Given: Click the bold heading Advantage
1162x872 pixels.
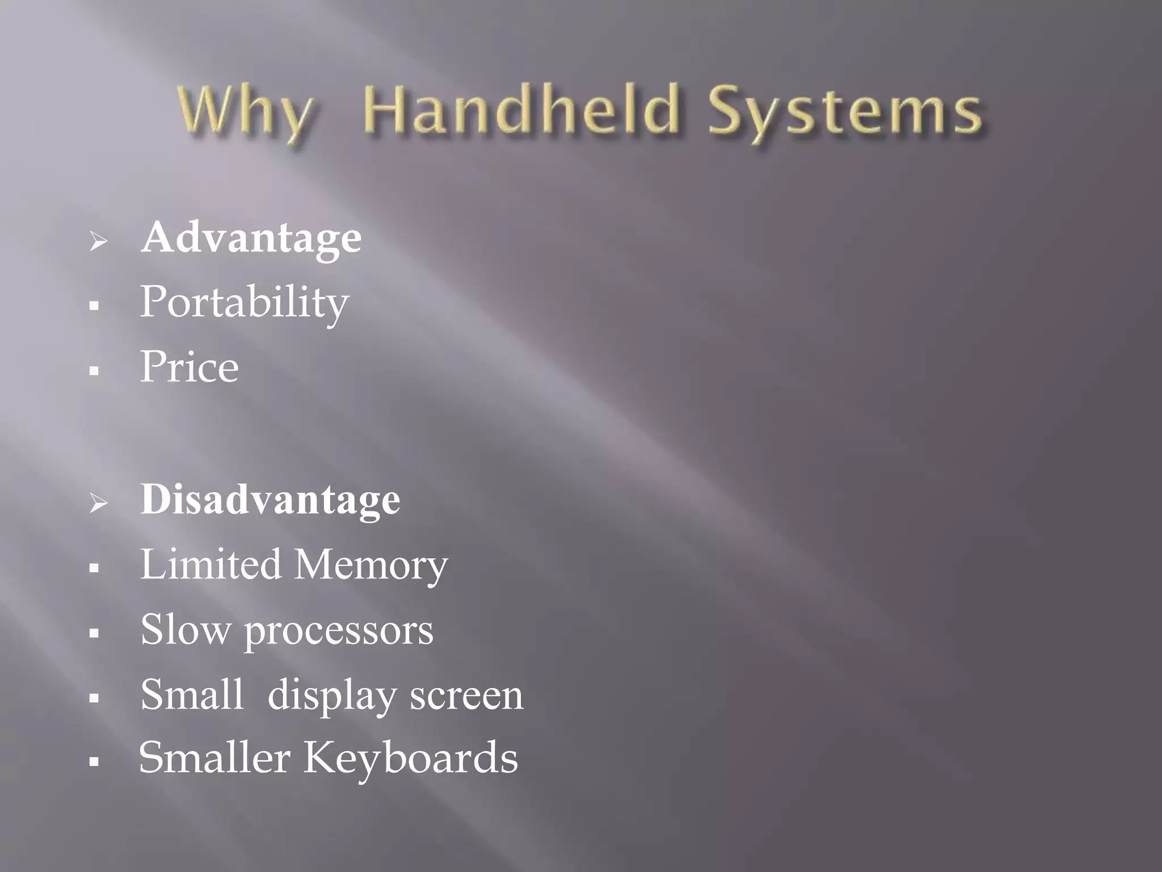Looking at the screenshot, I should [251, 238].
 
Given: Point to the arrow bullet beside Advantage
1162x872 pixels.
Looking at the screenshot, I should [98, 241].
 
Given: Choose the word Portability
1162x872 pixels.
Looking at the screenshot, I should [244, 303].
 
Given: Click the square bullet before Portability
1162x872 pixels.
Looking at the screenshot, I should [94, 307].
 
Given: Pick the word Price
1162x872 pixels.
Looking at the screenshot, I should [189, 367].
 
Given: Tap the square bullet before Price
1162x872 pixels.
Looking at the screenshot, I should [94, 371].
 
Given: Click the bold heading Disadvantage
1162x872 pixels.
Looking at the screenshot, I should [270, 500].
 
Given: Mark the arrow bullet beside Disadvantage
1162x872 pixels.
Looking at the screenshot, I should [98, 503].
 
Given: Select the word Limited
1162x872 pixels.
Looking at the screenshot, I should [210, 564].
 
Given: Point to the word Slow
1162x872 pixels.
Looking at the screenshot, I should [185, 630].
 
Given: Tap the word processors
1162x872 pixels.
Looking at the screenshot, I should [339, 632].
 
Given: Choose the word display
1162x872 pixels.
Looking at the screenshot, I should [332, 696].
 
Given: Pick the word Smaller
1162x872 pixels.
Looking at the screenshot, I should [214, 758].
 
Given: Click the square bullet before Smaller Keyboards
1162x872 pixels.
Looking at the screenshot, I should [94, 762].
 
